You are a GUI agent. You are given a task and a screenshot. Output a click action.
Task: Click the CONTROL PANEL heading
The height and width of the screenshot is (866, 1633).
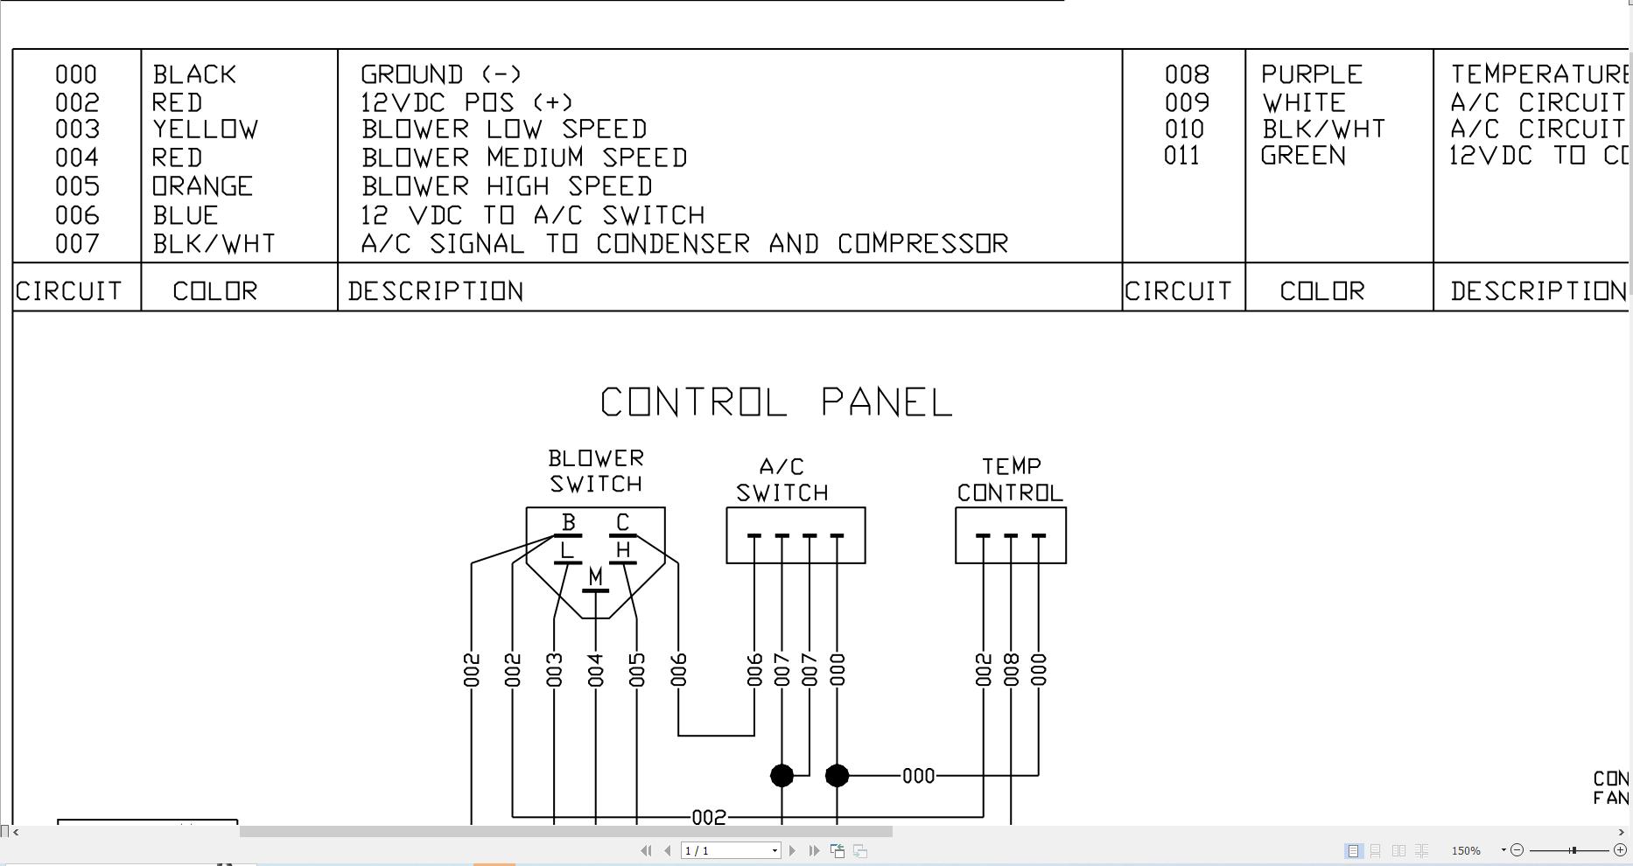(775, 402)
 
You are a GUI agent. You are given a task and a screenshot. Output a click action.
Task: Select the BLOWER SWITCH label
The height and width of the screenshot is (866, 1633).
(595, 471)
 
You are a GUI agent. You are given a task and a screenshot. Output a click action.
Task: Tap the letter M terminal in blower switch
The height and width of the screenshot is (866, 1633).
(595, 577)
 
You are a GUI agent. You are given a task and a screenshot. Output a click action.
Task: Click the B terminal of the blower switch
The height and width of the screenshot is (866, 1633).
(568, 523)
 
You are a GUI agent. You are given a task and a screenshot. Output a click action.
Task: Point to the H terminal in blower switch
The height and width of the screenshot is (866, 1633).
(622, 550)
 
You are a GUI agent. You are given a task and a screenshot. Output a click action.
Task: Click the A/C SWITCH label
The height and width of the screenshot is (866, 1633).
(781, 480)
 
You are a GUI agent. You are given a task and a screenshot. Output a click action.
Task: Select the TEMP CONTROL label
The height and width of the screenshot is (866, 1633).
(1010, 480)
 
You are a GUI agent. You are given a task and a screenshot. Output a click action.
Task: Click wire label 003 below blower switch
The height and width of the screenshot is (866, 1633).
(554, 670)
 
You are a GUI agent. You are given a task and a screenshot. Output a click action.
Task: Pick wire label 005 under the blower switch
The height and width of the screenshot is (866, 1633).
(636, 670)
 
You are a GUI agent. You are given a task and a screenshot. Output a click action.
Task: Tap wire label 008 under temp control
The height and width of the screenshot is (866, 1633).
(1011, 670)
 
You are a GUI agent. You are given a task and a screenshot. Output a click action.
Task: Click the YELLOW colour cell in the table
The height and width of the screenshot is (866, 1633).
(205, 129)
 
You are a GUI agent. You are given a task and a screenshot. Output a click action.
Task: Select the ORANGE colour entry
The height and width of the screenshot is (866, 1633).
(202, 186)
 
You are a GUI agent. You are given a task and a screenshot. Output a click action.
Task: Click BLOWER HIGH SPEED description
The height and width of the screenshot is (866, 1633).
(507, 186)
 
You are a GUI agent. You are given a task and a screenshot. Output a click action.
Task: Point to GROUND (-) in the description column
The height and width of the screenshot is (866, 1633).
(440, 74)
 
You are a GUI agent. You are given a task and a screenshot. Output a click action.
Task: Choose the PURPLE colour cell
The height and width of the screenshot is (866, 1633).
(1311, 74)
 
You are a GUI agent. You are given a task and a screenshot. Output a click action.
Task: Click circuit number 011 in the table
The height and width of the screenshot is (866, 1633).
(1181, 156)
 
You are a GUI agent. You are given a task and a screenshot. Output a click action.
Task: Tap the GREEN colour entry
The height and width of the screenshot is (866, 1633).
(1302, 156)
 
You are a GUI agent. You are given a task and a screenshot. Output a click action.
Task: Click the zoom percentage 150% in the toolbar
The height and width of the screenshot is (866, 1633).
(1466, 850)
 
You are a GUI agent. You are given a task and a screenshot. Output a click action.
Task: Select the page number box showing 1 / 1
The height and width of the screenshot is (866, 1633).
(729, 850)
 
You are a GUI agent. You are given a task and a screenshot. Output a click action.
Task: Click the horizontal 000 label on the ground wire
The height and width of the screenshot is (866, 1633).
(918, 776)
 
